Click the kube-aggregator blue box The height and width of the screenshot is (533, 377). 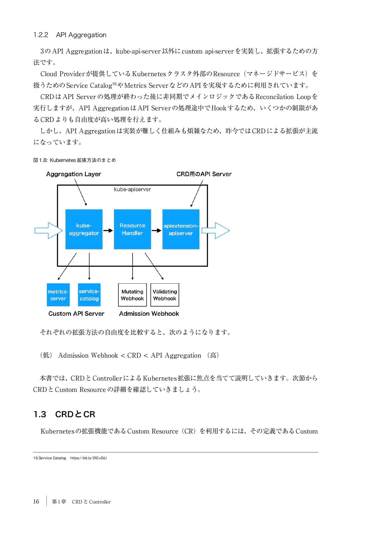pos(84,229)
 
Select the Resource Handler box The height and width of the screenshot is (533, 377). pos(132,229)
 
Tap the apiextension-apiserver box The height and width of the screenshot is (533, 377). pos(181,229)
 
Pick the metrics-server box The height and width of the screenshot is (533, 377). pos(58,295)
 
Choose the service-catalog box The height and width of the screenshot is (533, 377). pos(89,295)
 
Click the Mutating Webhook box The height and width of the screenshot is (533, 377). pos(132,295)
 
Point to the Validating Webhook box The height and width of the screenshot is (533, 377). pos(165,295)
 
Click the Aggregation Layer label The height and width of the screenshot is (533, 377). pos(74,174)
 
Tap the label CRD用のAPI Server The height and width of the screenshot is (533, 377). pos(204,174)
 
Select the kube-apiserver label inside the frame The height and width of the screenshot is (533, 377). pos(132,189)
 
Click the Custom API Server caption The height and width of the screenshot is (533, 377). pos(76,314)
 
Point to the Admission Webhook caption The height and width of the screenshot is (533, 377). pos(149,314)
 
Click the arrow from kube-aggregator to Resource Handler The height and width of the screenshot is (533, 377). pos(108,230)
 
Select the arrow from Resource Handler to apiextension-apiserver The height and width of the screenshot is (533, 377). pos(157,230)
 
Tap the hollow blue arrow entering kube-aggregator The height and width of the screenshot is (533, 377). pos(49,230)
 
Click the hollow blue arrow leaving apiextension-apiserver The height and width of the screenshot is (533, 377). pos(216,230)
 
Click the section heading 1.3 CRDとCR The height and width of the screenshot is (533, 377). pos(64,414)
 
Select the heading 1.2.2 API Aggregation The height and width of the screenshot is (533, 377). pos(70,35)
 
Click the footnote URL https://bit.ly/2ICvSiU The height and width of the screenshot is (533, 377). pos(88,458)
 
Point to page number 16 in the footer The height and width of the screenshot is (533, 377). pos(36,501)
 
